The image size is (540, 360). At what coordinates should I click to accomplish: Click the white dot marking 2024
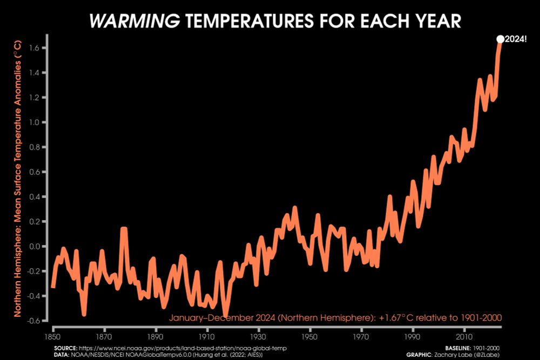coord(500,39)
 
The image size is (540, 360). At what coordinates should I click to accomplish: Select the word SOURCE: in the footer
coord(65,348)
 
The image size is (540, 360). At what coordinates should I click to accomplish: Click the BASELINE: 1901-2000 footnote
coord(475,348)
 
